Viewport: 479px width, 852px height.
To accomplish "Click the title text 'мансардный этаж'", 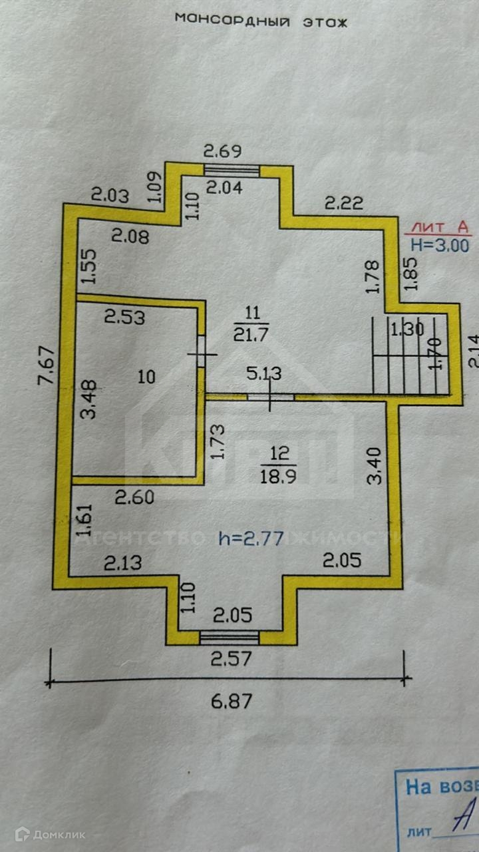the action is (x=261, y=20).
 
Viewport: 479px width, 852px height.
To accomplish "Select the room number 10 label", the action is (x=146, y=377).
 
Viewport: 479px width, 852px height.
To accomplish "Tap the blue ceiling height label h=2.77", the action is (x=251, y=538).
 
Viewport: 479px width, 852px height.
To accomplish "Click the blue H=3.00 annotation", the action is (x=439, y=245).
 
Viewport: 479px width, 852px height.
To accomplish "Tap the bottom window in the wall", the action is (x=230, y=638).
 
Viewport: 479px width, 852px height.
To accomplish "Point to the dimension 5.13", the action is (x=265, y=374).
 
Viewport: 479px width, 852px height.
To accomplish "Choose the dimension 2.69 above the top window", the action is (x=222, y=151).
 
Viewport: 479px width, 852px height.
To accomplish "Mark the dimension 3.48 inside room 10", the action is (x=88, y=399).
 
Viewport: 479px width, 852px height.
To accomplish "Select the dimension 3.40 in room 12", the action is (x=374, y=466).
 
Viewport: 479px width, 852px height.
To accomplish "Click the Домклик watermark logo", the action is (x=51, y=834).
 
